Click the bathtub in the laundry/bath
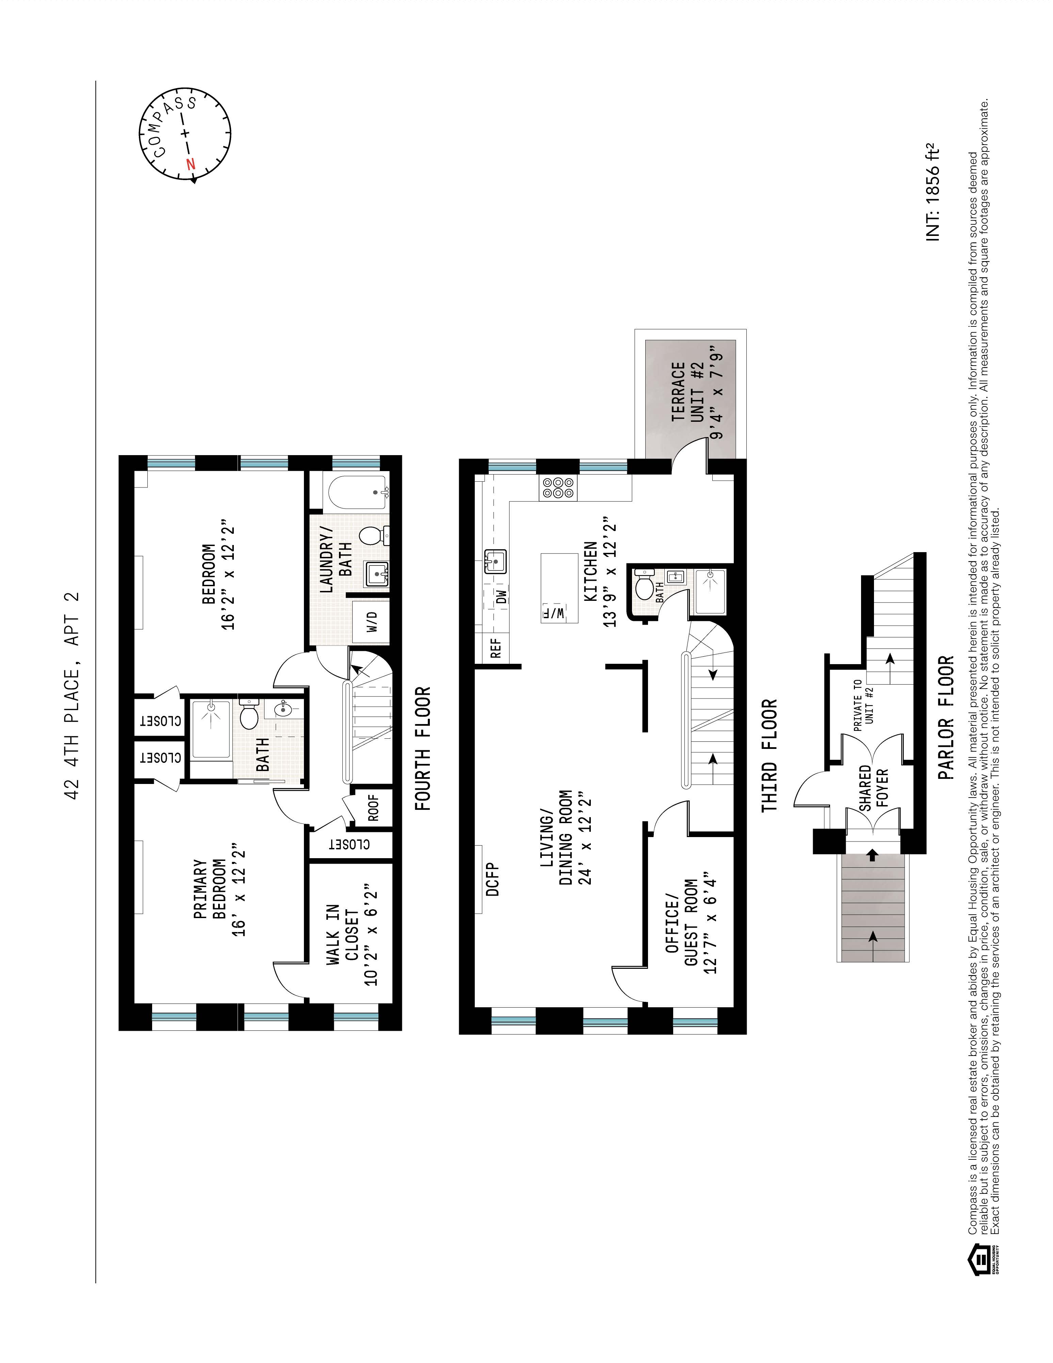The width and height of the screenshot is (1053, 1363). (x=356, y=493)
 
